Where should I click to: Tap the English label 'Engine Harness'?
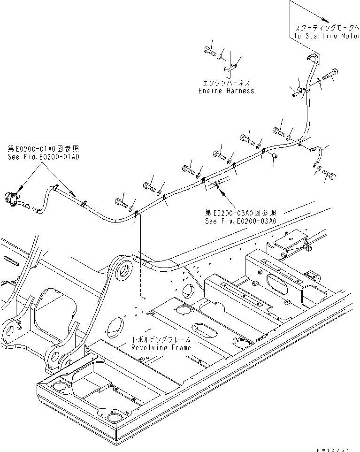pyautogui.click(x=226, y=91)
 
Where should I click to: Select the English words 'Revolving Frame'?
pyautogui.click(x=161, y=347)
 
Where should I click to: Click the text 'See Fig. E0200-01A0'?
pyautogui.click(x=43, y=157)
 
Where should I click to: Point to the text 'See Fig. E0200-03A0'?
pyautogui.click(x=240, y=221)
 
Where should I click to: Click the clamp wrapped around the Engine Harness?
pyautogui.click(x=230, y=69)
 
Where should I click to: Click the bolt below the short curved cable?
pyautogui.click(x=329, y=175)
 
